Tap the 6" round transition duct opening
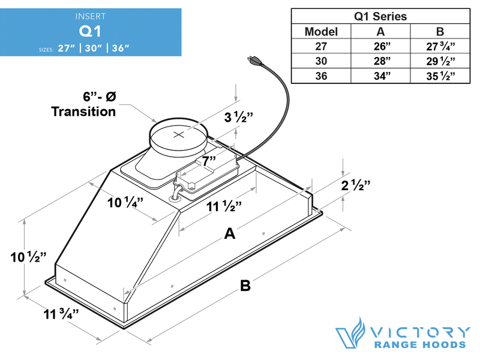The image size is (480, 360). click(x=179, y=135)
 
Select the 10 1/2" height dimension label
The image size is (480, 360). click(x=28, y=258)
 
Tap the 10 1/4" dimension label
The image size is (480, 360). click(x=125, y=202)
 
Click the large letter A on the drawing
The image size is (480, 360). click(x=229, y=234)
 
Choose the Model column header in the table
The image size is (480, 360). click(x=321, y=32)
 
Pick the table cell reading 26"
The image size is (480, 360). click(x=379, y=46)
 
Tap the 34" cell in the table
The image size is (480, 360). click(x=379, y=76)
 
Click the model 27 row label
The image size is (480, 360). click(x=321, y=46)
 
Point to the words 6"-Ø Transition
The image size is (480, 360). click(x=83, y=104)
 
